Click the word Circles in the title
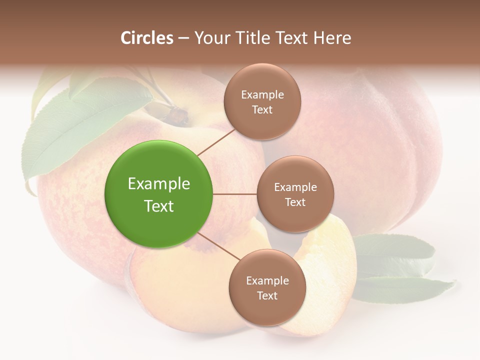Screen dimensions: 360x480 [x=146, y=38]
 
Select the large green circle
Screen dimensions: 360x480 [x=158, y=194]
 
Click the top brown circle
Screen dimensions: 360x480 [x=262, y=101]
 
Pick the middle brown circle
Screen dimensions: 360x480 [x=295, y=194]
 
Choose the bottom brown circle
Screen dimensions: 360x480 [x=267, y=287]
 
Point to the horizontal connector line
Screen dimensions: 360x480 [x=235, y=194]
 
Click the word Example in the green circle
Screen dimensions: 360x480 [x=158, y=183]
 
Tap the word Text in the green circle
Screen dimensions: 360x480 [x=158, y=206]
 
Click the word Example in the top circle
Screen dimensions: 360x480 [x=262, y=94]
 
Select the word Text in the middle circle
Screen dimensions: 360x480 [x=295, y=202]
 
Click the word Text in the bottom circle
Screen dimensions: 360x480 [x=267, y=295]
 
